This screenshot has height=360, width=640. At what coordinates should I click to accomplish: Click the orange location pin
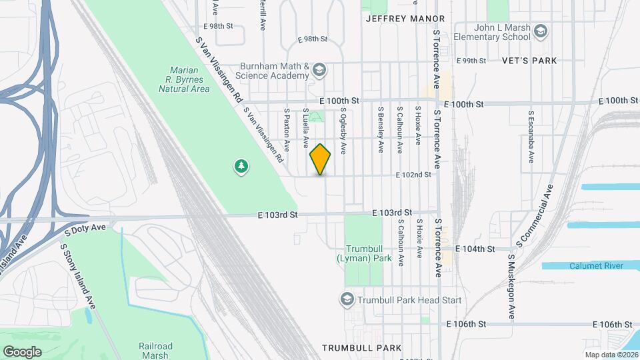[x=321, y=159]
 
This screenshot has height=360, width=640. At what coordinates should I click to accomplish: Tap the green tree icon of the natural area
[x=240, y=166]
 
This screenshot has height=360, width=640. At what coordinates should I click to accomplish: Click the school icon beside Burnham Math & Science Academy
[x=319, y=69]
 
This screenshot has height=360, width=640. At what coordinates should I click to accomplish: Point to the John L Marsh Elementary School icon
[x=541, y=31]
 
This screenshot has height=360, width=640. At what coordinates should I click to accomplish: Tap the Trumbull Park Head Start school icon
[x=346, y=300]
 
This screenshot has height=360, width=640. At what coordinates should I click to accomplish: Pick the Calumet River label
[x=596, y=265]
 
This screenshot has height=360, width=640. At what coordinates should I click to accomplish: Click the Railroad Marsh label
[x=155, y=351]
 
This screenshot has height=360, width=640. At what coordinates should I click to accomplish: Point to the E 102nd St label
[x=413, y=175]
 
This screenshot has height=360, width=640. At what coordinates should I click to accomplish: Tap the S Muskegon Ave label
[x=511, y=285]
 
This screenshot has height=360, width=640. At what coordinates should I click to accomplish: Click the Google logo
[x=22, y=351]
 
